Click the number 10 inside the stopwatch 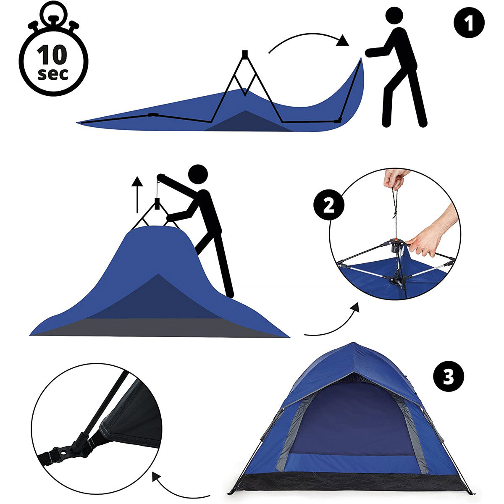pyautogui.click(x=52, y=55)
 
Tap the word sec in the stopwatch pyautogui.click(x=53, y=74)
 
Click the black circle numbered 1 pyautogui.click(x=469, y=23)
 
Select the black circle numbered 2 pyautogui.click(x=329, y=205)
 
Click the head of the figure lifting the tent pyautogui.click(x=198, y=174)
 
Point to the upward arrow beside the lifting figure pyautogui.click(x=137, y=195)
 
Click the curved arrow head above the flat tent pyautogui.click(x=343, y=41)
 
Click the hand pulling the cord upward pyautogui.click(x=394, y=178)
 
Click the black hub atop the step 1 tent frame pyautogui.click(x=244, y=54)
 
